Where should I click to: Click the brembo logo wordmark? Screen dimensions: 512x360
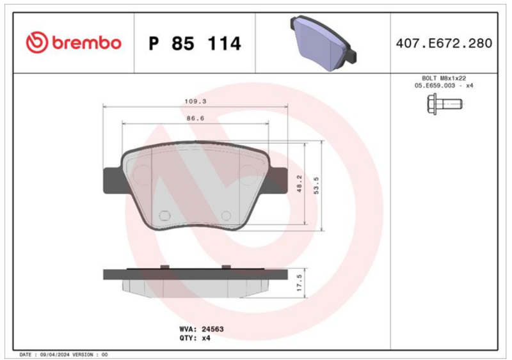74,43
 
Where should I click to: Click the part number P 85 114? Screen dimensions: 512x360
195,43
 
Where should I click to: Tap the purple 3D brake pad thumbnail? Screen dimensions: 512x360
323,43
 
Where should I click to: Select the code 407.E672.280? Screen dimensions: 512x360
444,43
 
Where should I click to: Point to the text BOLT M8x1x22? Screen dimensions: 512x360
444,79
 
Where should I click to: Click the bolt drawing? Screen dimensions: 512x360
445,104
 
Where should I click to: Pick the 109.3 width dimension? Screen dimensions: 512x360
195,102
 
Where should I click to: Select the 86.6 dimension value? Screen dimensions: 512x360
195,118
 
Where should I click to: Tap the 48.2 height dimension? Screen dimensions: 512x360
300,183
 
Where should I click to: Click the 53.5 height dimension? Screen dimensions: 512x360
316,185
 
